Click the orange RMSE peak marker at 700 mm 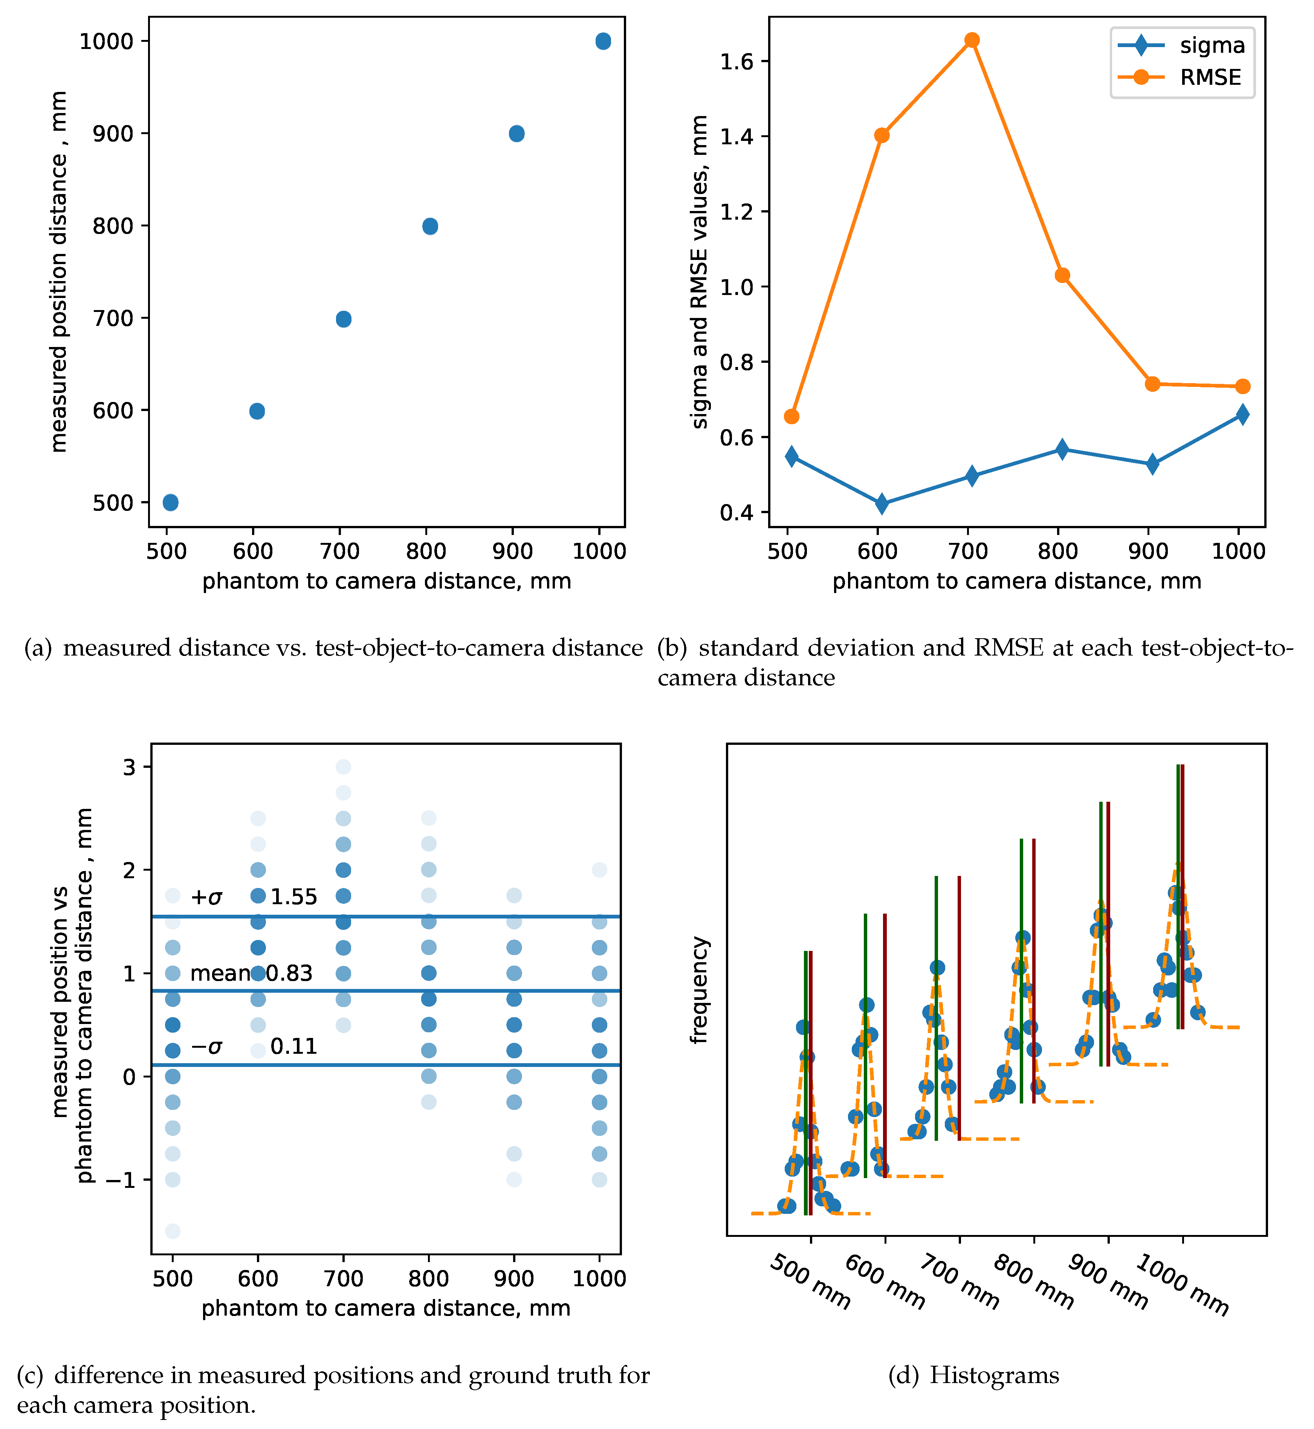[x=971, y=40]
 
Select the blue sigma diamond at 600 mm [x=882, y=503]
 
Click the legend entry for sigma [x=1180, y=46]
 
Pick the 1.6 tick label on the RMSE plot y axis [x=736, y=62]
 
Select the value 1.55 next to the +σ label [x=294, y=897]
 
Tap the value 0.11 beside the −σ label [x=294, y=1047]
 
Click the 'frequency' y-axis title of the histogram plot [x=700, y=990]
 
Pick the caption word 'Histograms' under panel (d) [x=994, y=1376]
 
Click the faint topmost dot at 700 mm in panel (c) [x=343, y=766]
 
